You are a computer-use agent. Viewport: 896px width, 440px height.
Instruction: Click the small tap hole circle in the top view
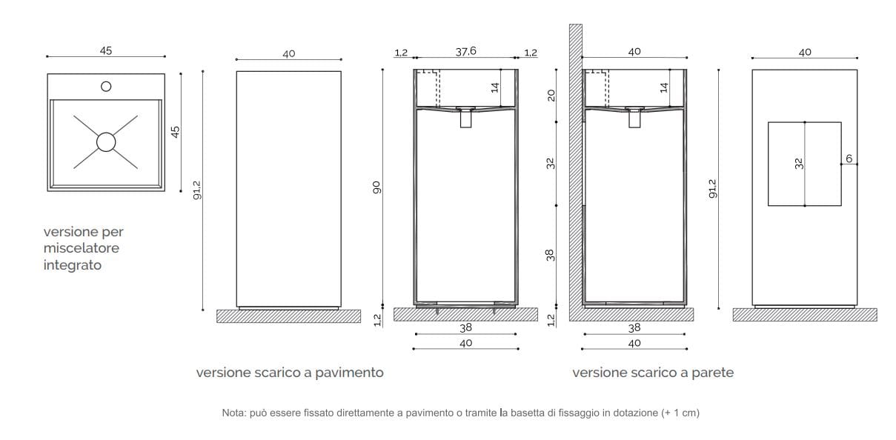coord(106,87)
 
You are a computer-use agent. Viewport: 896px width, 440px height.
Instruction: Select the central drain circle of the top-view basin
coord(106,141)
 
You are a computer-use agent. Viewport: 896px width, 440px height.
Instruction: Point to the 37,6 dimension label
coord(465,51)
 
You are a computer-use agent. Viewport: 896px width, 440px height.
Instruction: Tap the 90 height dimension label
coord(376,188)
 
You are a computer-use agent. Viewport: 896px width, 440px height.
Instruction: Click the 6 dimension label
coord(849,159)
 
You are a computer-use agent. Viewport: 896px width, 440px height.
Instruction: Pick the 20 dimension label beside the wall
coord(551,95)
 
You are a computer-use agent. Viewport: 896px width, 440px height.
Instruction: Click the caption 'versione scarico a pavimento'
coord(290,373)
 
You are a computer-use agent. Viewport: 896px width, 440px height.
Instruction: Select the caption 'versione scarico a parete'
coord(653,373)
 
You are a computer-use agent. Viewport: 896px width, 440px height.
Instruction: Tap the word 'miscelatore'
coord(81,248)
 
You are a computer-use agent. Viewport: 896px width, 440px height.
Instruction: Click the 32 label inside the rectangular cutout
coord(799,164)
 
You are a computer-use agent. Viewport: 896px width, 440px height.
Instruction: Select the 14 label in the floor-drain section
coord(495,87)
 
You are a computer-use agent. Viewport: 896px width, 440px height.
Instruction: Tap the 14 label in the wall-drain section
coord(664,87)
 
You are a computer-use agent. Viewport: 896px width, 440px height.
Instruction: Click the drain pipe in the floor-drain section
coord(465,119)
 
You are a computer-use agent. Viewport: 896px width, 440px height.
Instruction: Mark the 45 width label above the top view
coord(106,51)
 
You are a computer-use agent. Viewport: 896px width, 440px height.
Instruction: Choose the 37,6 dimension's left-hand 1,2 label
coord(401,52)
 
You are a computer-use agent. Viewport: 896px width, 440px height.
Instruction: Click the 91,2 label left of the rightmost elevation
coord(713,188)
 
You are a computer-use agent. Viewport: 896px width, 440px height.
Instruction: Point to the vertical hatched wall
coord(575,170)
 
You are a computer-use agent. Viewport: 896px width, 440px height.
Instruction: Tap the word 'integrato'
coord(72,264)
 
